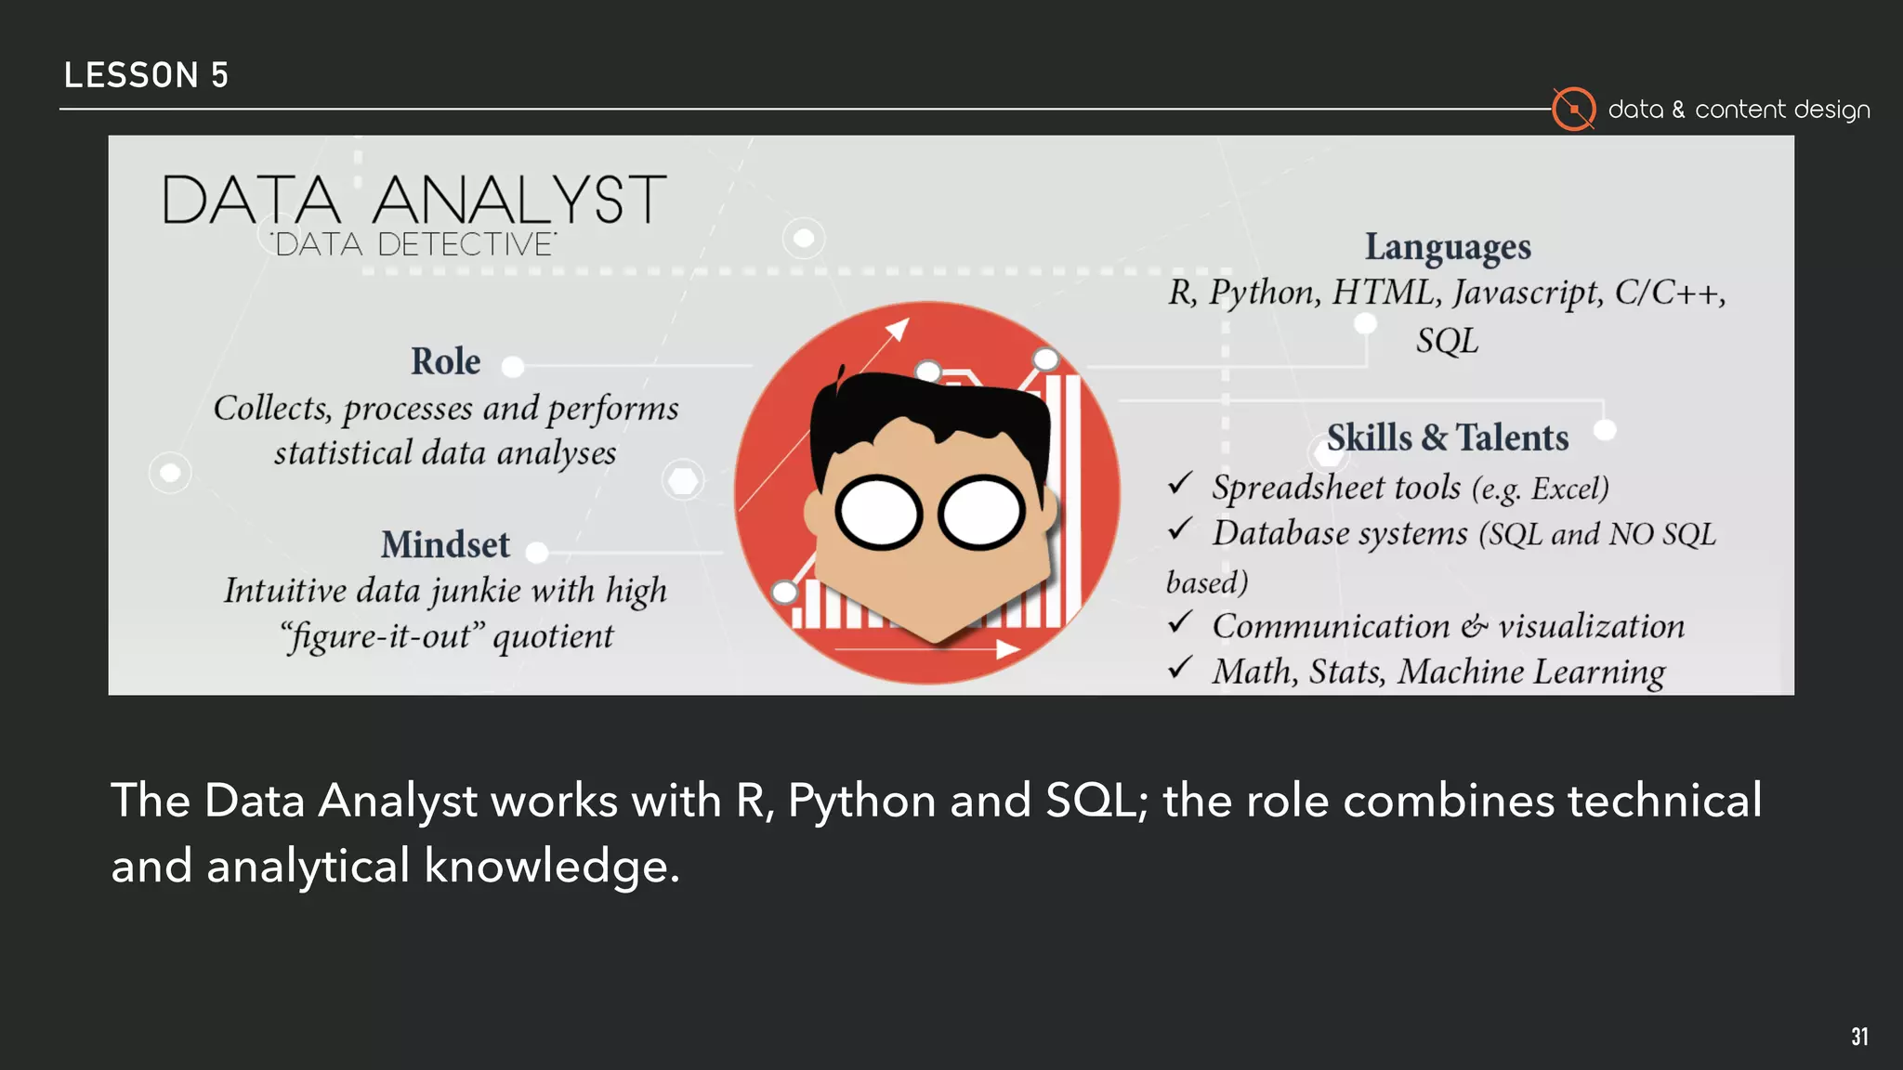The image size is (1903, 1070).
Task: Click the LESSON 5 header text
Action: click(x=146, y=75)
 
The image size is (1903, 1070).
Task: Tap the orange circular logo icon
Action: click(x=1573, y=110)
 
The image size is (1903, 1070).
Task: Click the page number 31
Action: click(x=1859, y=1037)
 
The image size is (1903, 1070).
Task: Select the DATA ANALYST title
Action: click(x=414, y=199)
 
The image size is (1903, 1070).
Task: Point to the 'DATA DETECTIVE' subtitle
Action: click(x=414, y=244)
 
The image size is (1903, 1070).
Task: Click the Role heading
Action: click(x=446, y=361)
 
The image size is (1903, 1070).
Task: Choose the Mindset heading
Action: click(x=445, y=544)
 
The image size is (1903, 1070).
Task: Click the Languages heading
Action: click(x=1447, y=247)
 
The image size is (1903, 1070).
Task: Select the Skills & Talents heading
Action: click(x=1447, y=437)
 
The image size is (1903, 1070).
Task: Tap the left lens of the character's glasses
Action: click(x=878, y=513)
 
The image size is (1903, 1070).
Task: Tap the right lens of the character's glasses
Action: click(x=981, y=513)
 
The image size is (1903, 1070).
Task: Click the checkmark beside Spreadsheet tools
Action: click(x=1180, y=483)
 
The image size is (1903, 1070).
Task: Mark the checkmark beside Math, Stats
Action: click(x=1180, y=667)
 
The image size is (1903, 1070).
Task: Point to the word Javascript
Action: click(x=1528, y=293)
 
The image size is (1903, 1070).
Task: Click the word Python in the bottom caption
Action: click(x=861, y=801)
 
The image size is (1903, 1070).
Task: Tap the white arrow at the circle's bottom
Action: click(x=1006, y=649)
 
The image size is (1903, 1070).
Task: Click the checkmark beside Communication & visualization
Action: click(x=1180, y=621)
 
